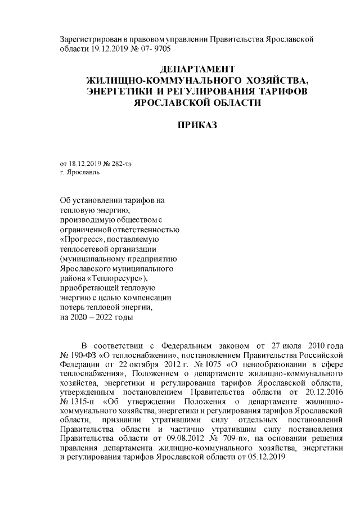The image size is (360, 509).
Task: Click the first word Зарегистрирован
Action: [x=89, y=39]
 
